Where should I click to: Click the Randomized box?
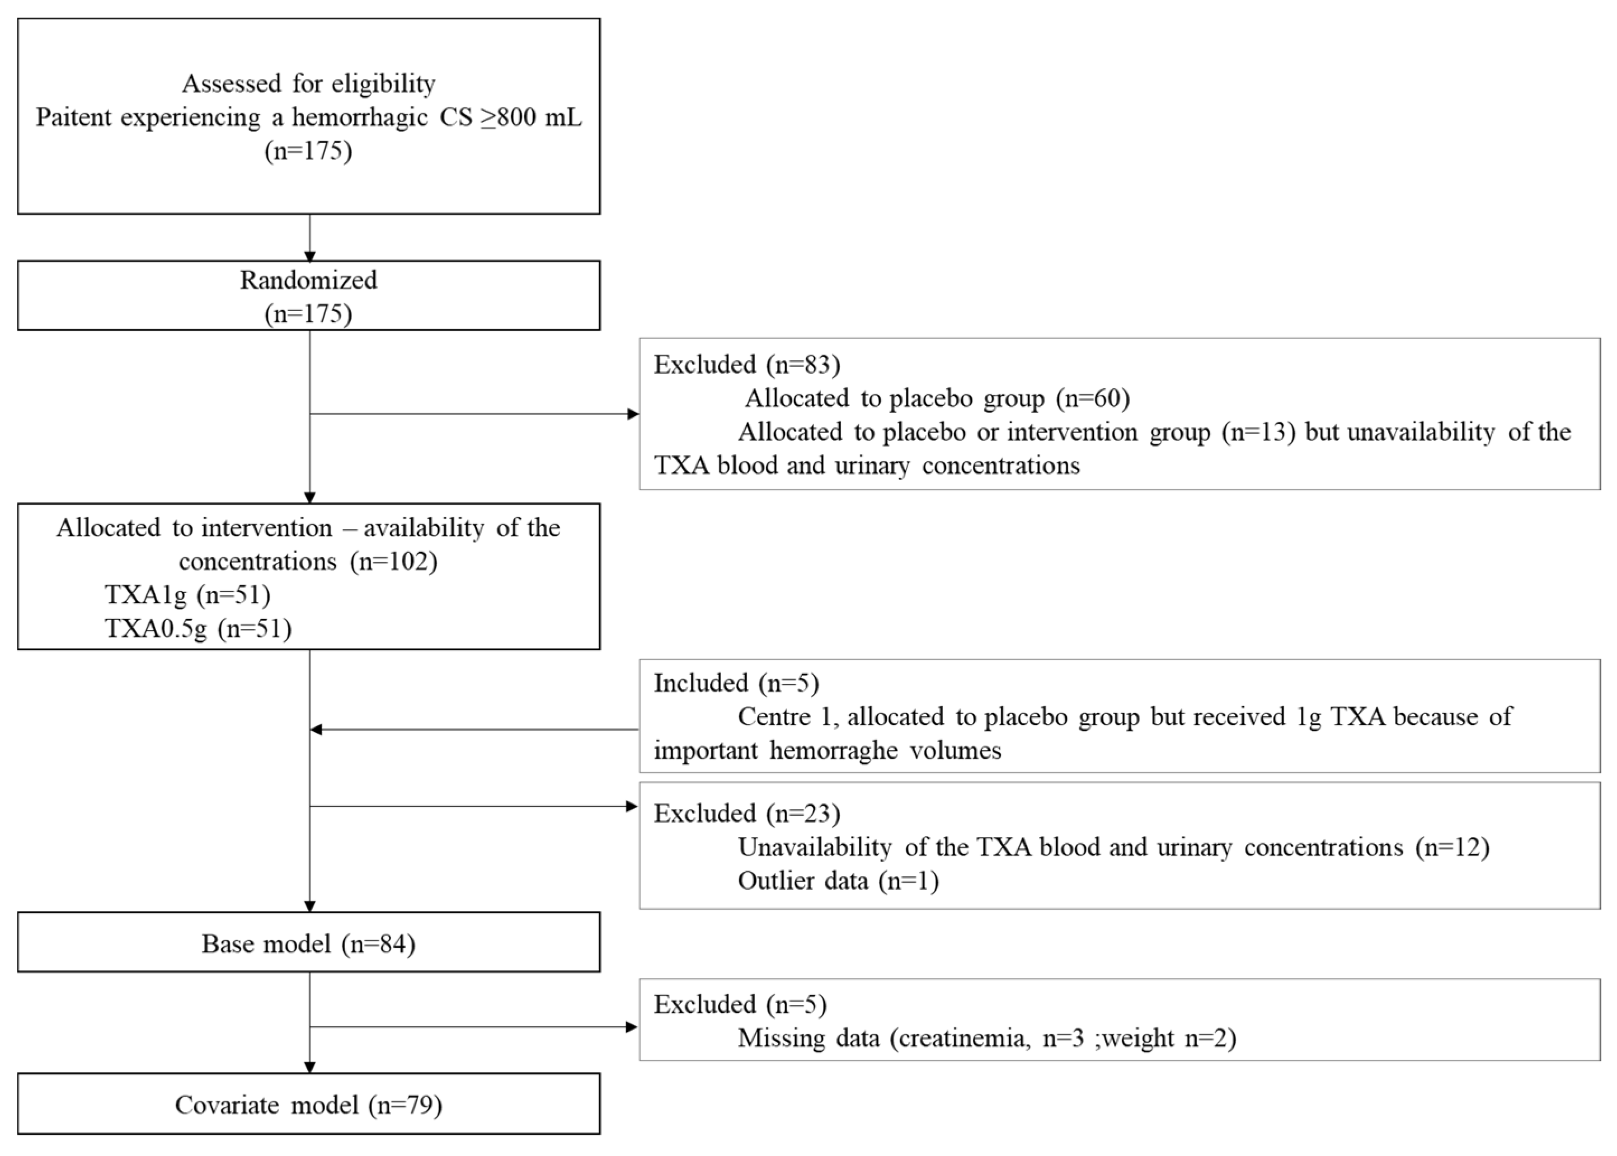point(308,295)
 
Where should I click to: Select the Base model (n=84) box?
point(308,944)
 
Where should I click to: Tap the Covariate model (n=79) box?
point(308,1105)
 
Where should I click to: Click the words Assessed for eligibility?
point(308,84)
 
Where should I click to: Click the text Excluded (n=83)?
point(746,364)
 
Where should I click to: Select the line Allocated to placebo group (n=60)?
point(937,398)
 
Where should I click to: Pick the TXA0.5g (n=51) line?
point(198,628)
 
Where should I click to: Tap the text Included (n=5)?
point(736,683)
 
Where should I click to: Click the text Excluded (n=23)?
point(746,813)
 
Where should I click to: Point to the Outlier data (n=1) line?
point(838,881)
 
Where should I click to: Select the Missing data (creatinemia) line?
point(986,1038)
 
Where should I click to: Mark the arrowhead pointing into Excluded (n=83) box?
point(633,413)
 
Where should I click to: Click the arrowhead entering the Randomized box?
point(309,256)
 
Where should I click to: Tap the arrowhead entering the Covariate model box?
point(309,1068)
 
